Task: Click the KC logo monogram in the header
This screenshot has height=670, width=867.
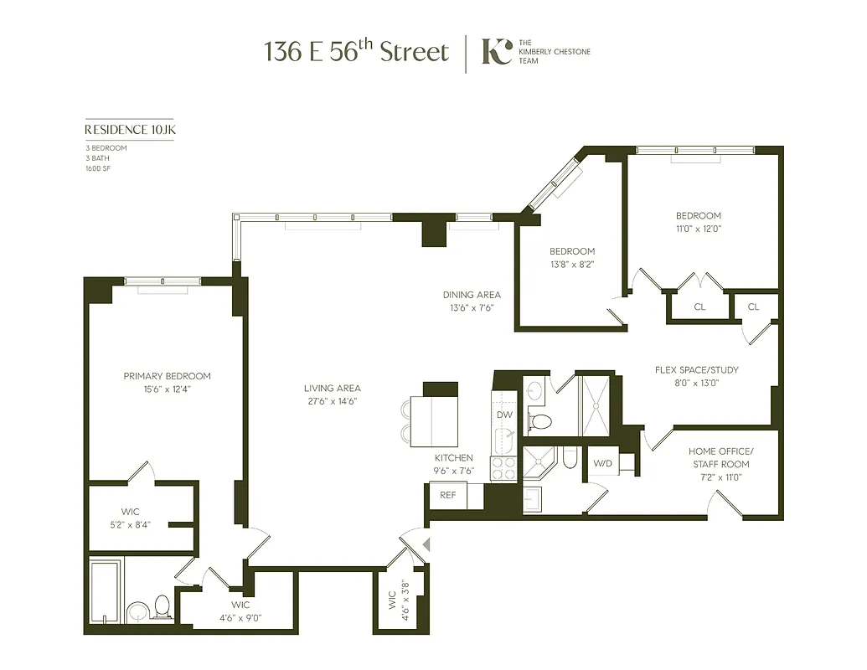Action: pos(496,51)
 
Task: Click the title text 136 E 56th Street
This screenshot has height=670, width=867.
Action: pos(357,51)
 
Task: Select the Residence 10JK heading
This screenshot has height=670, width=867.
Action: pos(129,130)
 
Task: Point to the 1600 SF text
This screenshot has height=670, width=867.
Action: pos(98,168)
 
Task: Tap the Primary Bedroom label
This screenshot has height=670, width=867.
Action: pos(167,376)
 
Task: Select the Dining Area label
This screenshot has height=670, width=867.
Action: pos(472,295)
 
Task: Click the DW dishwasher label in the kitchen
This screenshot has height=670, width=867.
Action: pos(504,415)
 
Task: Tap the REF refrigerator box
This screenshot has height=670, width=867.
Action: pos(448,495)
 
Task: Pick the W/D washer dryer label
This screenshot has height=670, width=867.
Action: pos(602,463)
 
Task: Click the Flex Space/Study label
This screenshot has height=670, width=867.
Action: pos(696,369)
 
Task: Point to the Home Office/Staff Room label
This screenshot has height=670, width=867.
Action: pos(720,457)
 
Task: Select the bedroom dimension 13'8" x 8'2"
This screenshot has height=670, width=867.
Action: pos(572,265)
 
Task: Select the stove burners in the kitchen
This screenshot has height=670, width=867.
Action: pos(503,468)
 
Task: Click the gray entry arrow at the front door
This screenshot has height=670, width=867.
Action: pos(426,545)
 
